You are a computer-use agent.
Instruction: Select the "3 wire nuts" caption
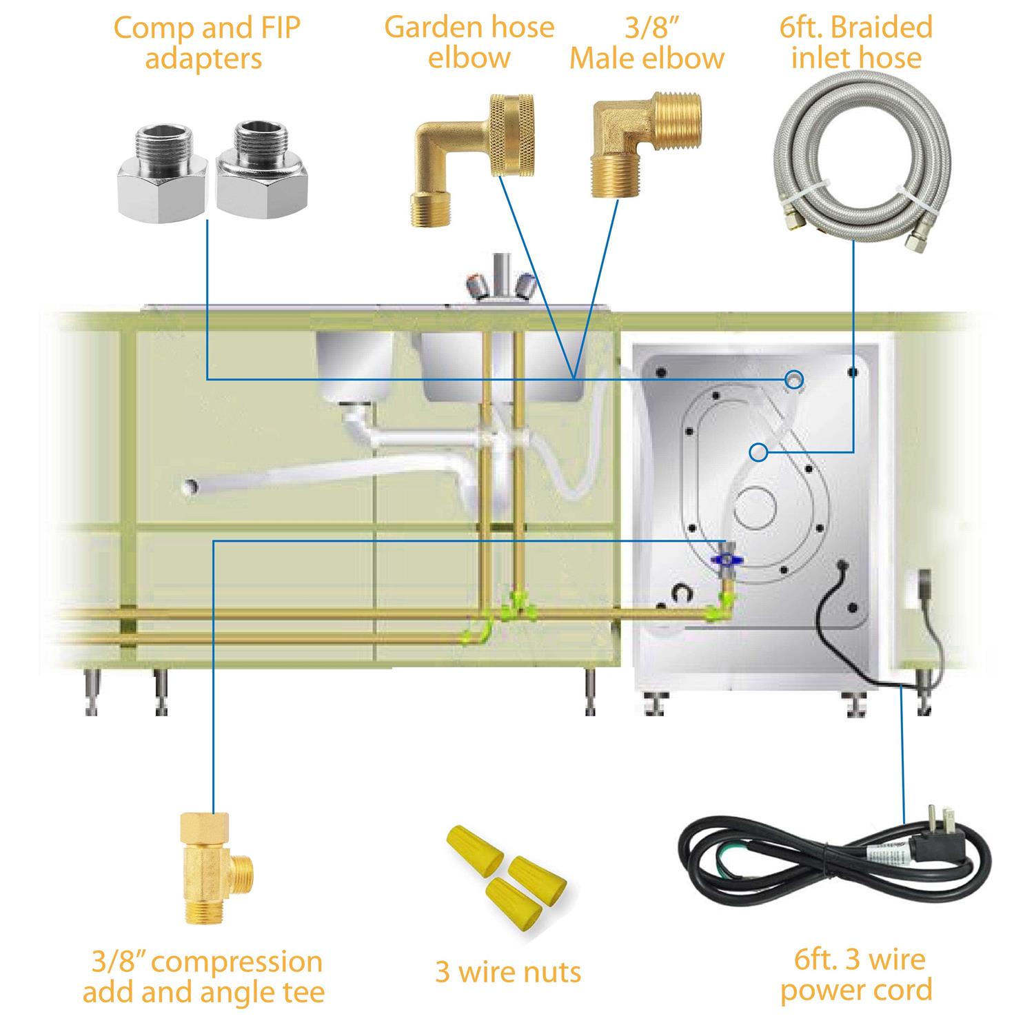pos(508,972)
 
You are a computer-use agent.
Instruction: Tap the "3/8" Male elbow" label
pos(646,43)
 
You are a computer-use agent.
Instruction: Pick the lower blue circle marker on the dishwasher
pos(759,452)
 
